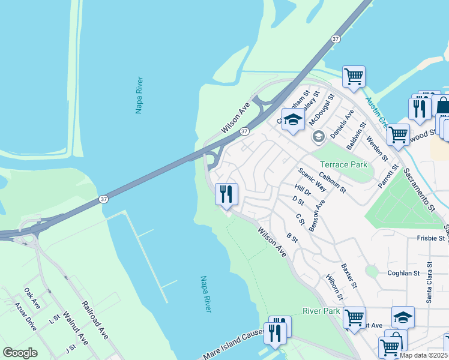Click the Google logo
coord(20,353)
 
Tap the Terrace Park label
coord(343,164)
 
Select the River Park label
coord(321,311)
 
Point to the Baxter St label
coord(349,275)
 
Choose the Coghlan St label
coord(403,273)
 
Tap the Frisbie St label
coord(430,238)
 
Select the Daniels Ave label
coord(340,121)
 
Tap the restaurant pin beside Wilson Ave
coord(226,194)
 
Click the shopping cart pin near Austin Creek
coord(354,77)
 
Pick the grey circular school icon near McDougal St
coord(318,137)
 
